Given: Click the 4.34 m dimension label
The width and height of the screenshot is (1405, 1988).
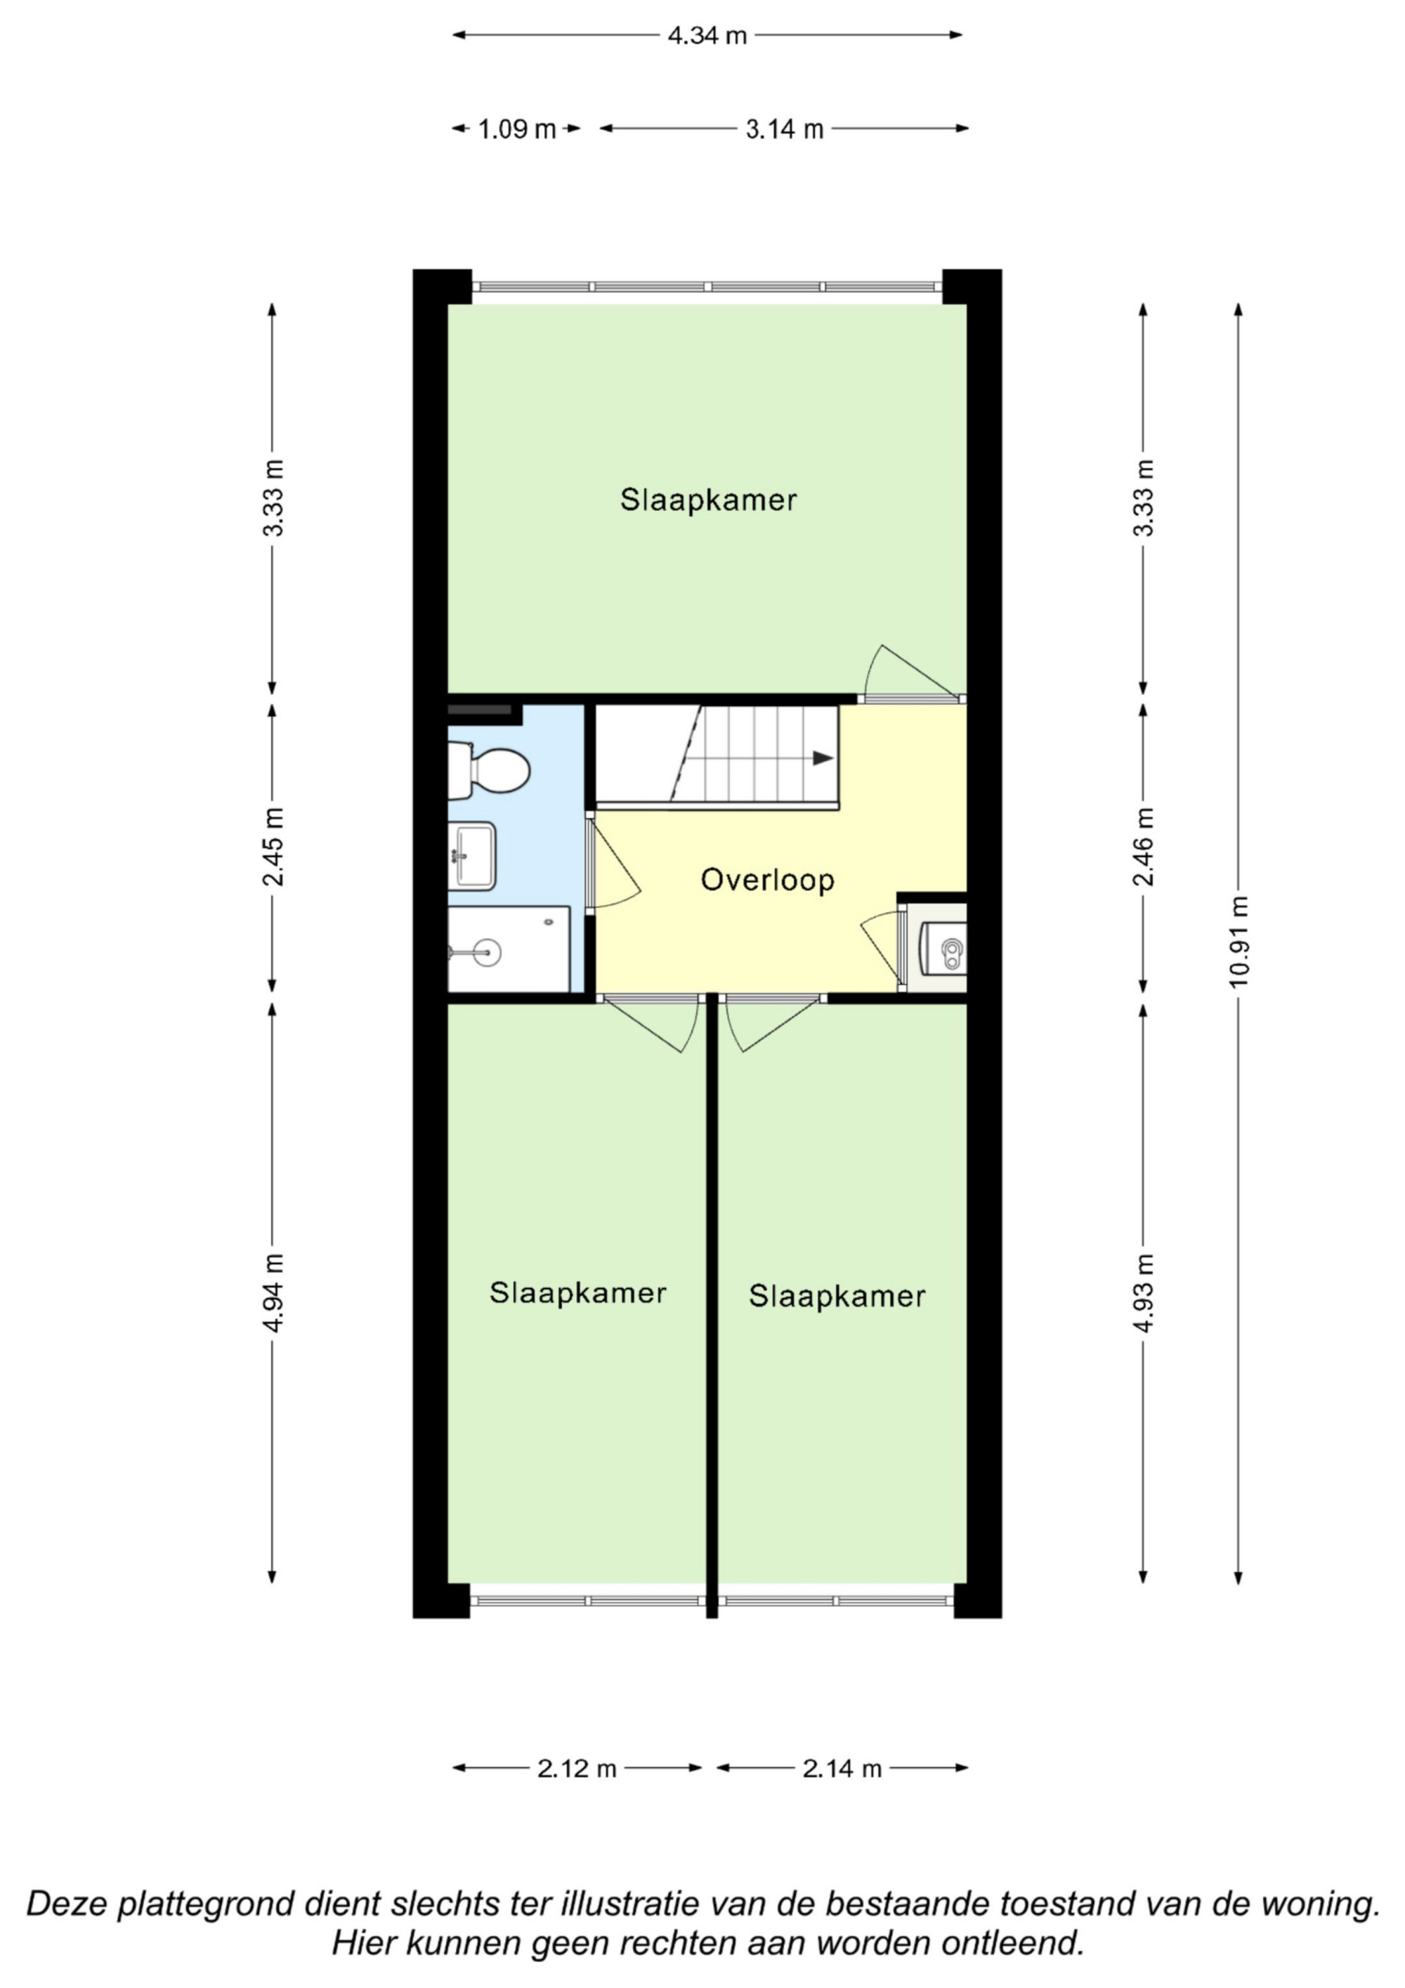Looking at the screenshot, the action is pyautogui.click(x=707, y=36).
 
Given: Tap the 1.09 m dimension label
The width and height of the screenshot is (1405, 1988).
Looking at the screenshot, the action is pyautogui.click(x=517, y=129).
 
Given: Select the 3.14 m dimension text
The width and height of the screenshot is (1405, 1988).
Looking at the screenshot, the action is pyautogui.click(x=784, y=129).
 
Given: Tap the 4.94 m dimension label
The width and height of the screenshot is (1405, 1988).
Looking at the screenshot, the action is pyautogui.click(x=273, y=1294).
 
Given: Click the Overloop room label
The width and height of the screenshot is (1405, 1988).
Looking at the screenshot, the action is pyautogui.click(x=767, y=880).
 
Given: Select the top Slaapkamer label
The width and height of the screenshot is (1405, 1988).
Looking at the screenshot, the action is pyautogui.click(x=708, y=500).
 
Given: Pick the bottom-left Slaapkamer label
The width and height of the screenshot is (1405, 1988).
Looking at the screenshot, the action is pyautogui.click(x=577, y=1293).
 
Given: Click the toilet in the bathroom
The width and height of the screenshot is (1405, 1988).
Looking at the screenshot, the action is pyautogui.click(x=488, y=771).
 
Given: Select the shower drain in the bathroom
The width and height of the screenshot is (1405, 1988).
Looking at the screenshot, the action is pyautogui.click(x=488, y=954).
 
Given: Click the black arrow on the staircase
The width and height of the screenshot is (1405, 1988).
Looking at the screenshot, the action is pyautogui.click(x=823, y=758).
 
